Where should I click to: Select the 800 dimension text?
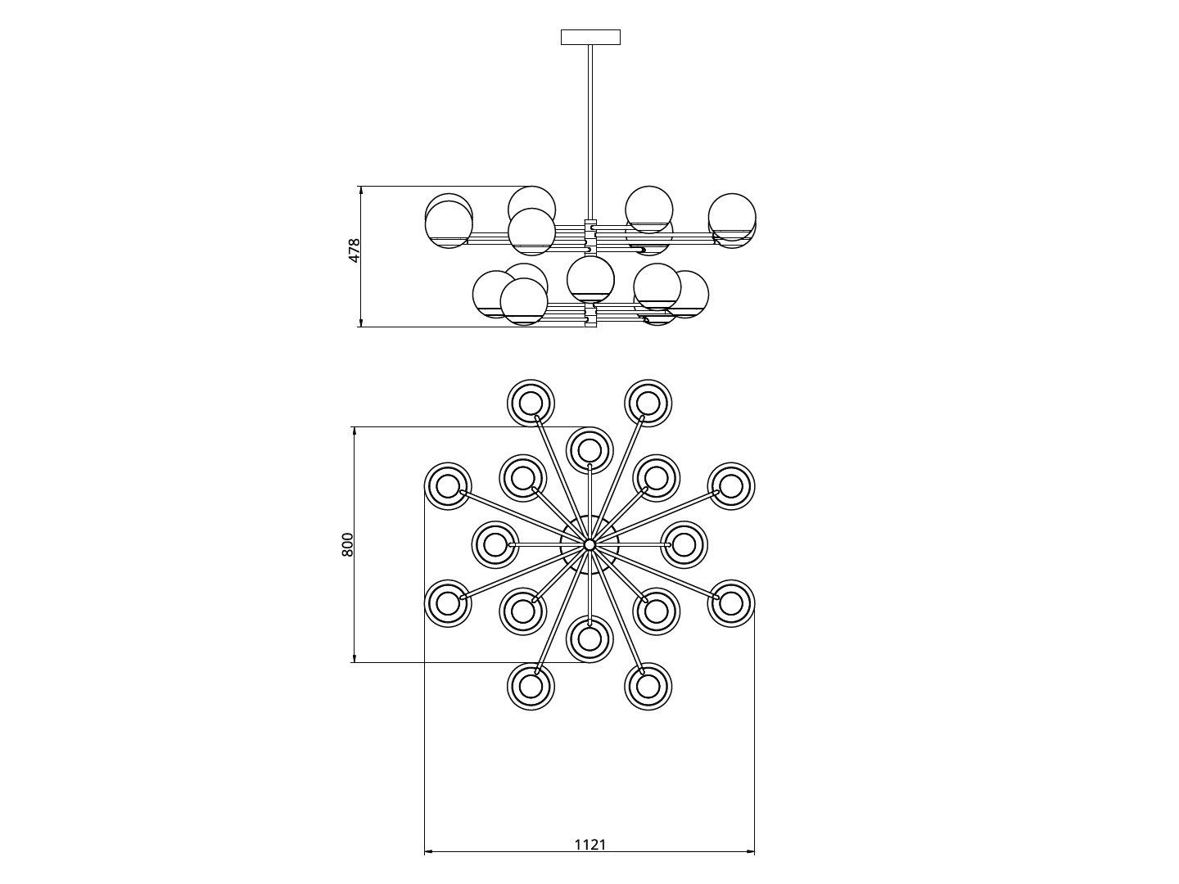pyautogui.click(x=347, y=544)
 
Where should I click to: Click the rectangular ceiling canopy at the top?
pyautogui.click(x=590, y=37)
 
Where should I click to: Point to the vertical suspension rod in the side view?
pyautogui.click(x=589, y=131)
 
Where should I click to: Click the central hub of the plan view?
pyautogui.click(x=589, y=544)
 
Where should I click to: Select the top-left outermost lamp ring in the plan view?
pyautogui.click(x=531, y=403)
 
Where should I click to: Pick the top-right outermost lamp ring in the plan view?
pyautogui.click(x=648, y=403)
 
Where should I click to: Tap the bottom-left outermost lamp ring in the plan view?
pyautogui.click(x=531, y=686)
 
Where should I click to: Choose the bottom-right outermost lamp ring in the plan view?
pyautogui.click(x=648, y=686)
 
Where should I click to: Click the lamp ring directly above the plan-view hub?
pyautogui.click(x=589, y=449)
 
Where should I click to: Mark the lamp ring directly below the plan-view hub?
pyautogui.click(x=589, y=639)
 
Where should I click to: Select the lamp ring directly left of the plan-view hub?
pyautogui.click(x=495, y=543)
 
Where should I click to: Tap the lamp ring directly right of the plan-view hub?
pyautogui.click(x=684, y=543)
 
